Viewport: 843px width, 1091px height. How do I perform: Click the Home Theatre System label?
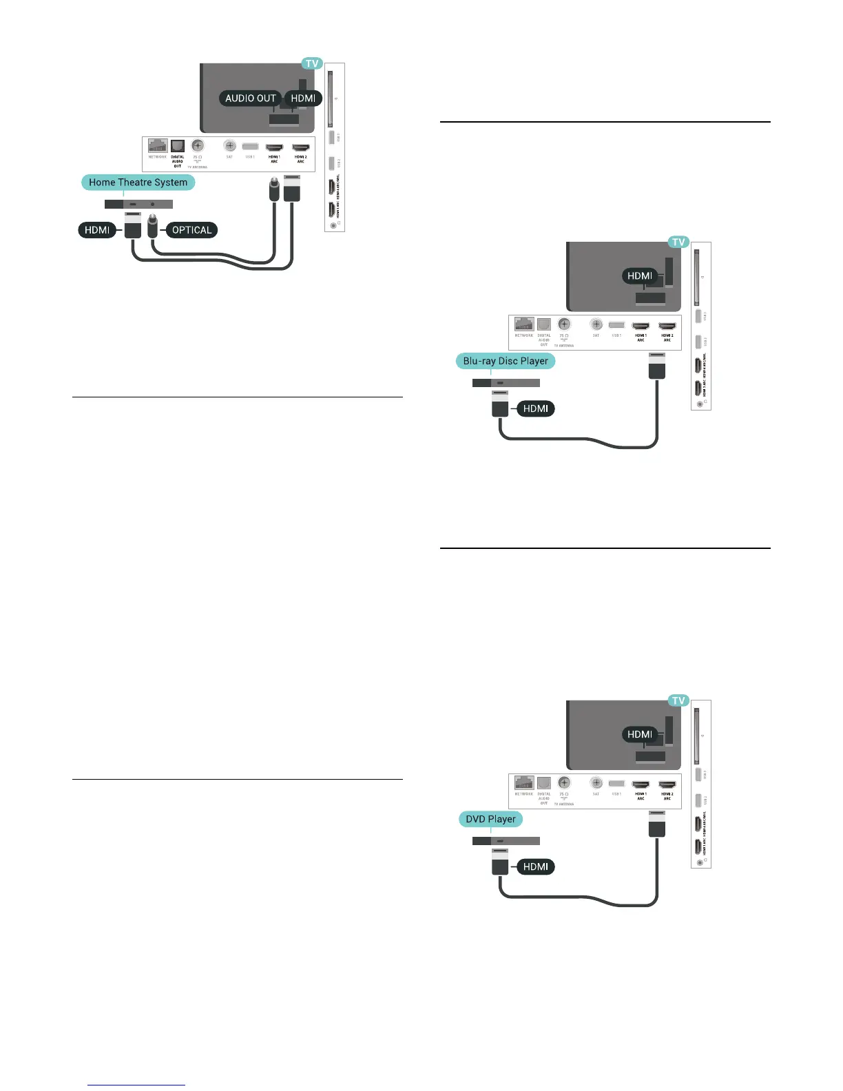tap(138, 183)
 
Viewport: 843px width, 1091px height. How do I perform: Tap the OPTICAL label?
tap(191, 230)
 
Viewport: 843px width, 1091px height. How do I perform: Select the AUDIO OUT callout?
tap(250, 98)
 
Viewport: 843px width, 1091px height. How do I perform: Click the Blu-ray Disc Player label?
tap(506, 361)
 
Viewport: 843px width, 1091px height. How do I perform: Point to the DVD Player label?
tap(490, 819)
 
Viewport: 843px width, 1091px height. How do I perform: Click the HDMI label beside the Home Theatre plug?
tap(97, 230)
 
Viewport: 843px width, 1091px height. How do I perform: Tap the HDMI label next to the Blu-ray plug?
tap(535, 408)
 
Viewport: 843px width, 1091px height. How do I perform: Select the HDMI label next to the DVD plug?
tap(535, 866)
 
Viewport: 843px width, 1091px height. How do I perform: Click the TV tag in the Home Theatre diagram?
tap(312, 63)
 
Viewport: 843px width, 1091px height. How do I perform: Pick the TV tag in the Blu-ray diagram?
tap(678, 242)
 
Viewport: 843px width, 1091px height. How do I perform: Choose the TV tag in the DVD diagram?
tap(678, 700)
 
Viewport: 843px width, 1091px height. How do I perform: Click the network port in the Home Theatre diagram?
tap(158, 146)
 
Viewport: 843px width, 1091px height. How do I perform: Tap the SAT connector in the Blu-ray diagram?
tap(596, 324)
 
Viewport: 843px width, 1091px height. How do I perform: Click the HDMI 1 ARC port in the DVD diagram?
tap(641, 784)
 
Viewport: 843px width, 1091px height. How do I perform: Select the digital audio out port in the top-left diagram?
tap(178, 146)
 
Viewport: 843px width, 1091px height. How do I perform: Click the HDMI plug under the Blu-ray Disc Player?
tap(500, 404)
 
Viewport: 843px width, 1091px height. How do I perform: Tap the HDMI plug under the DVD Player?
tap(500, 863)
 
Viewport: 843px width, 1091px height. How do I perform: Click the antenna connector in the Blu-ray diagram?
tap(564, 324)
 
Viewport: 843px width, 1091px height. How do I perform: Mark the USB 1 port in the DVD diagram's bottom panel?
tap(616, 783)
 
